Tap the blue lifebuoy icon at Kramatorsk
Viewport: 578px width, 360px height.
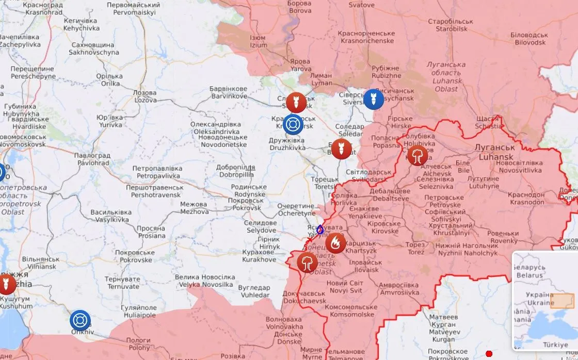[293, 123]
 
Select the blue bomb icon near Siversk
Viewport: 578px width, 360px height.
[373, 99]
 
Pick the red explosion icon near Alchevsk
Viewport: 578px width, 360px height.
[417, 155]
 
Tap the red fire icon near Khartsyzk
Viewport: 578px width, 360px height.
[335, 243]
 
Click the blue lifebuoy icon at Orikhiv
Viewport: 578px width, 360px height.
[80, 320]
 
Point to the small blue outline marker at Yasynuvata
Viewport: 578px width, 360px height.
[320, 230]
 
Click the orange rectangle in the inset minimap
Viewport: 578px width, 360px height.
[562, 301]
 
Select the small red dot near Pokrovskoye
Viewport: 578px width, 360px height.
[489, 354]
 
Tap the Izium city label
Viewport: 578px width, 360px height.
[259, 41]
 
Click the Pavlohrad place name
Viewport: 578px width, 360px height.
[92, 159]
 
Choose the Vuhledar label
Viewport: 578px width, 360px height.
[255, 291]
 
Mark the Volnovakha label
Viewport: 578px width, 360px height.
[284, 323]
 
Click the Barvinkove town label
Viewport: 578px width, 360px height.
[228, 92]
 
